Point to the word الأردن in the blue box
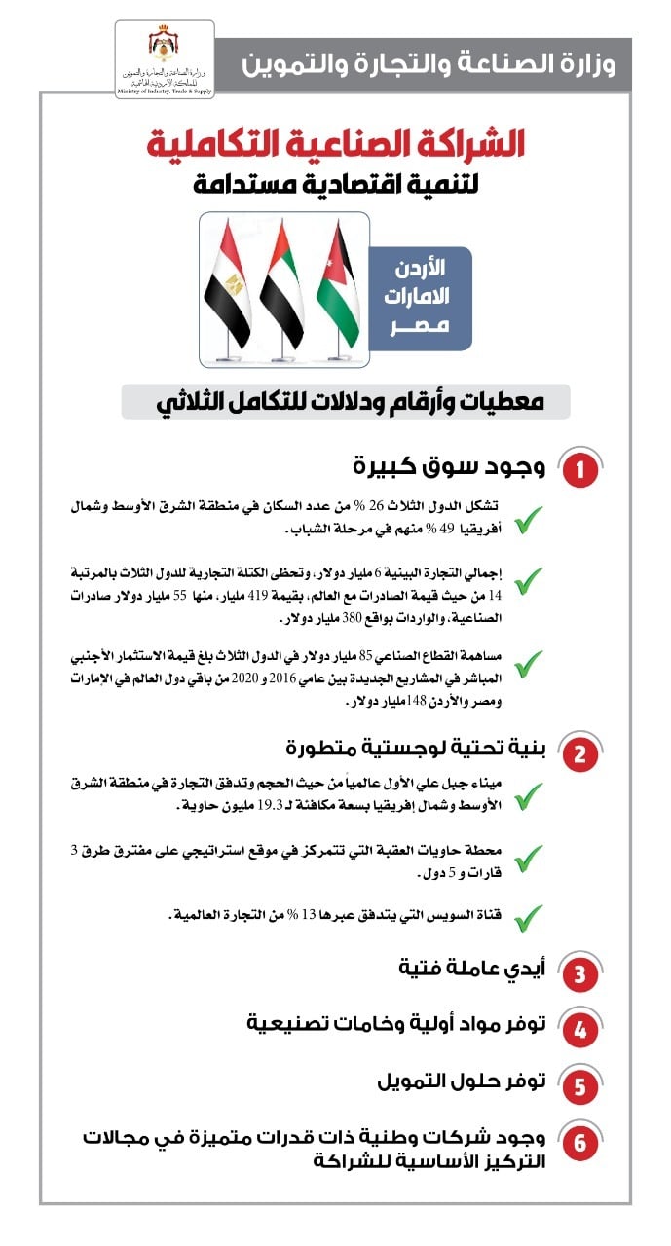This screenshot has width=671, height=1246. (x=423, y=266)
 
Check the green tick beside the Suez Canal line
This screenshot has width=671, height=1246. (x=527, y=916)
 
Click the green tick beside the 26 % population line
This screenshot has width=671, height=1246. (x=527, y=519)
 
